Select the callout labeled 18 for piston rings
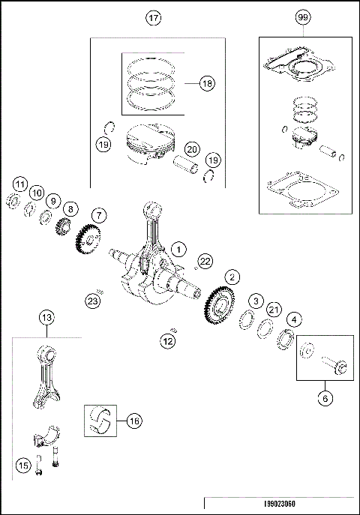click(207, 84)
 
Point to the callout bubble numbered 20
click(192, 149)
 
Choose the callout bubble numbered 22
click(204, 260)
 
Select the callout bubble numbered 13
click(46, 318)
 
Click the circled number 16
click(133, 422)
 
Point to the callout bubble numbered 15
click(23, 466)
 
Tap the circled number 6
click(325, 399)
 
